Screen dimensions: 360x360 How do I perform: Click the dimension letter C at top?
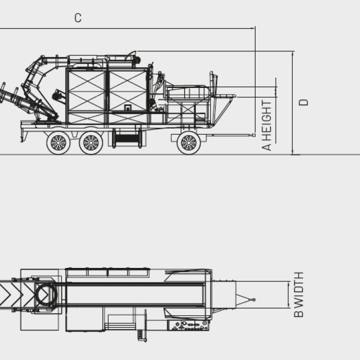click(78, 18)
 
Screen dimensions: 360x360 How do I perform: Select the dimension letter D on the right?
click(303, 102)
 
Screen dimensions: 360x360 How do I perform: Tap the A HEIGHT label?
click(266, 125)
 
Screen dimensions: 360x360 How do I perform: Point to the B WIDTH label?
click(298, 294)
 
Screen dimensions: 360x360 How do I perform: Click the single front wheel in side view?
click(189, 143)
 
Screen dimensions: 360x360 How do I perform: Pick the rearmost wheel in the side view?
click(58, 143)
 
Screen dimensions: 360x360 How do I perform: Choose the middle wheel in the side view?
click(91, 143)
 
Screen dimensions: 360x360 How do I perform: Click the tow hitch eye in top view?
click(254, 300)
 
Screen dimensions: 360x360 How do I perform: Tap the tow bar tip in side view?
click(254, 135)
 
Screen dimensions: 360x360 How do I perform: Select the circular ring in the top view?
click(47, 295)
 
